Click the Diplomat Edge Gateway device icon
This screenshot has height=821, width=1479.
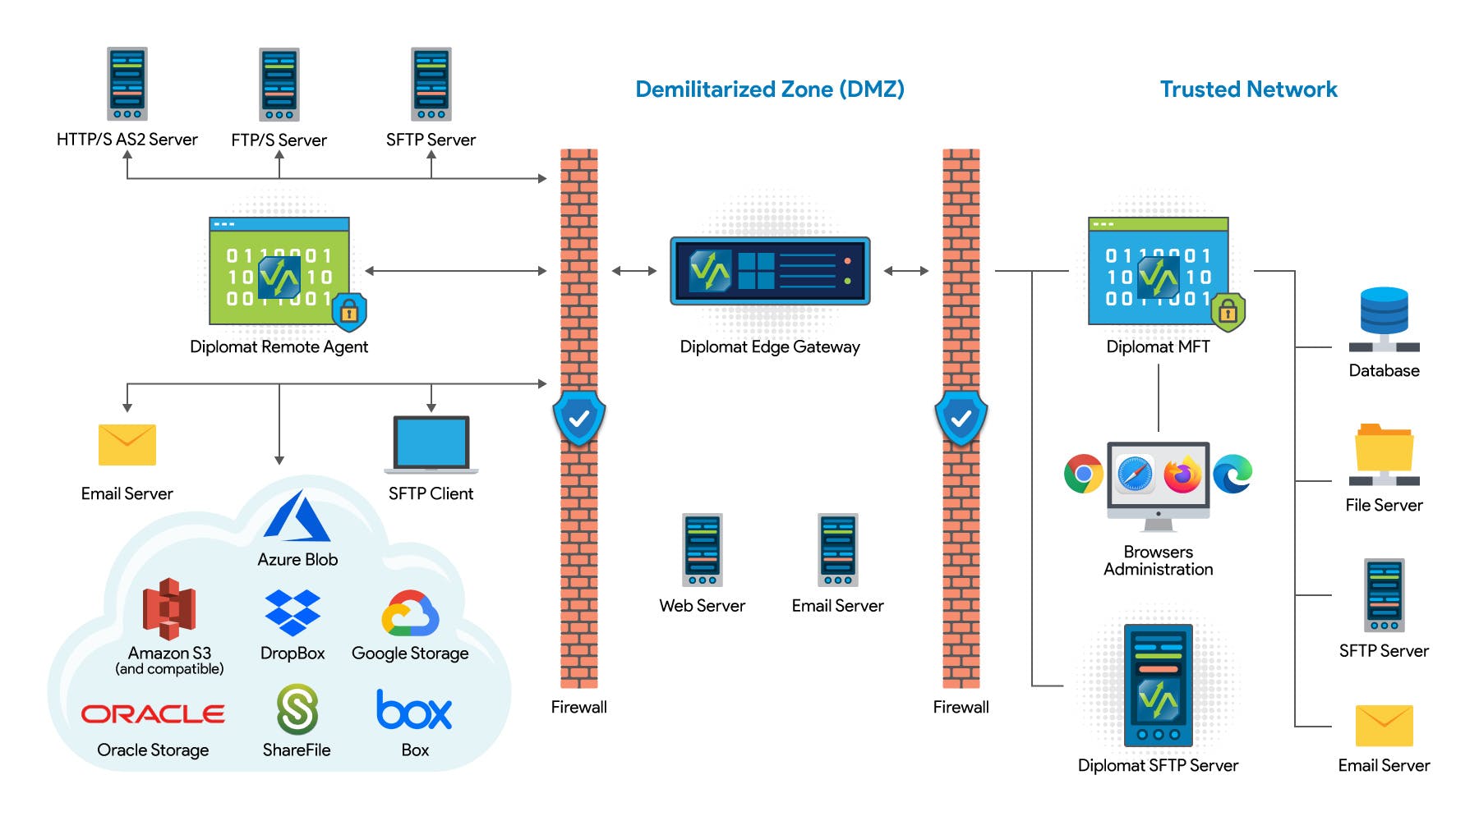point(770,271)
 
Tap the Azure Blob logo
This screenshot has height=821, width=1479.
point(297,517)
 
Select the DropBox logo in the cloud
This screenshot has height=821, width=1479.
point(293,612)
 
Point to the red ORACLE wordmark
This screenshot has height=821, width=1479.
point(153,714)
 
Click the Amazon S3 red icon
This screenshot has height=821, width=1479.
point(169,609)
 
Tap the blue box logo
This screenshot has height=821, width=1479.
point(414,710)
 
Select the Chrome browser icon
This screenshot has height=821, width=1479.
point(1084,474)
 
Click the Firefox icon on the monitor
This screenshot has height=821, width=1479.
point(1182,475)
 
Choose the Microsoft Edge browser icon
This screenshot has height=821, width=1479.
point(1232,474)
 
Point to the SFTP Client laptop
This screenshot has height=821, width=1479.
point(431,444)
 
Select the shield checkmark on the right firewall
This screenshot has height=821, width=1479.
point(961,419)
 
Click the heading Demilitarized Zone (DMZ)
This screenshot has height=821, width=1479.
point(770,89)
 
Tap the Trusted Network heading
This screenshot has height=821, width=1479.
point(1248,89)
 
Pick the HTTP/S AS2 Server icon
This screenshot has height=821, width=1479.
point(127,84)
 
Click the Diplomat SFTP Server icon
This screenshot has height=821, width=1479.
point(1159,686)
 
